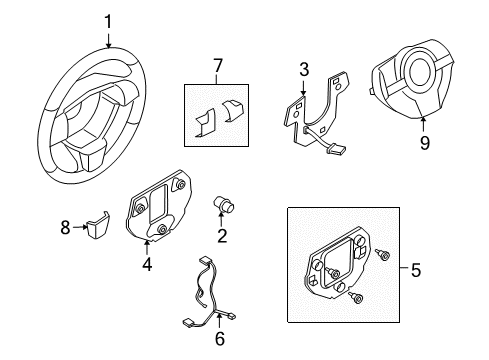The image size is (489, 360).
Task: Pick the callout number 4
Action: coord(146,266)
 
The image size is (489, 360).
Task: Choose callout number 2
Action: coord(223,236)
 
